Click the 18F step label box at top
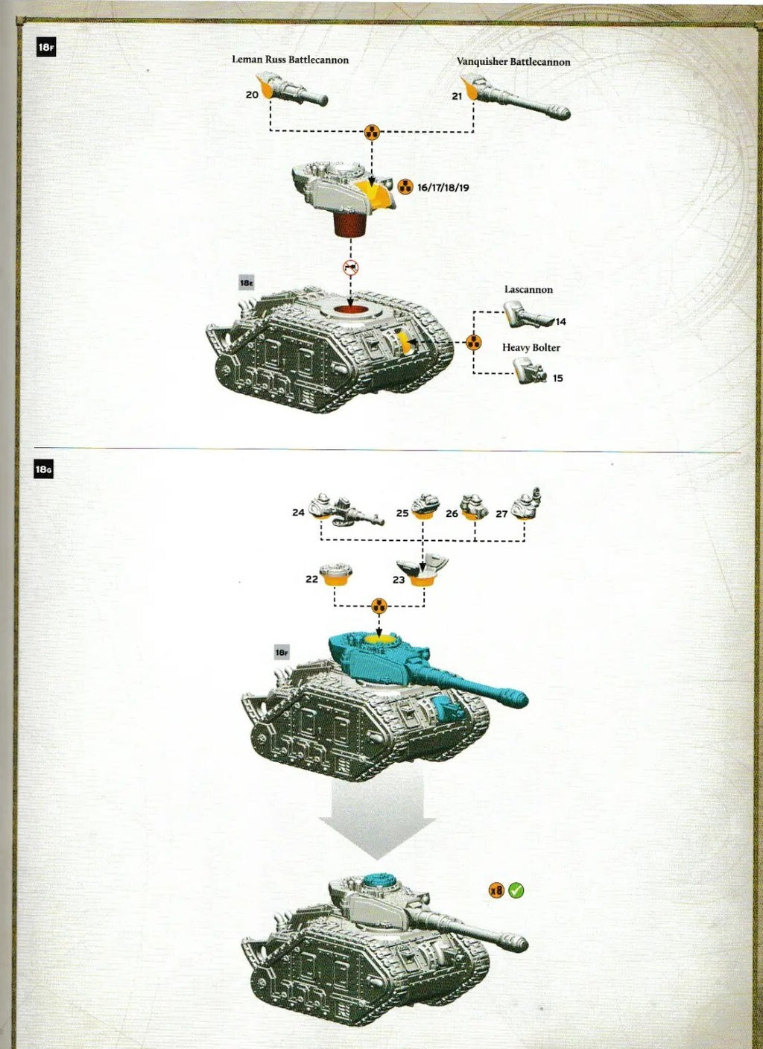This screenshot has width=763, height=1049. click(x=45, y=48)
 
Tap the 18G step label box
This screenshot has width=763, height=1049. click(x=43, y=470)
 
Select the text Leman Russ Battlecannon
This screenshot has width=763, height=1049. click(x=290, y=60)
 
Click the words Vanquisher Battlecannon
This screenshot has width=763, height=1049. click(x=513, y=62)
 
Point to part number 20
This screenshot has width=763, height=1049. click(x=252, y=95)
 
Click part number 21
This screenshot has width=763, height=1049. click(x=457, y=96)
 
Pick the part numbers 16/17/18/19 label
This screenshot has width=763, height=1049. click(x=443, y=188)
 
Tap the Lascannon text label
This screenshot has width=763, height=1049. click(x=528, y=290)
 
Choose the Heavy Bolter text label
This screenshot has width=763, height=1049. click(x=531, y=347)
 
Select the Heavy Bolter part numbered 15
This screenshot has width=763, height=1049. click(x=530, y=370)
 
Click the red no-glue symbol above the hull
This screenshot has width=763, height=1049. click(x=350, y=267)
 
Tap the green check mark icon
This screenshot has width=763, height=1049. click(x=516, y=890)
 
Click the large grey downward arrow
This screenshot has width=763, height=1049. click(x=377, y=816)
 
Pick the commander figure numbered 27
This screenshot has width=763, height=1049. click(x=527, y=504)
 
